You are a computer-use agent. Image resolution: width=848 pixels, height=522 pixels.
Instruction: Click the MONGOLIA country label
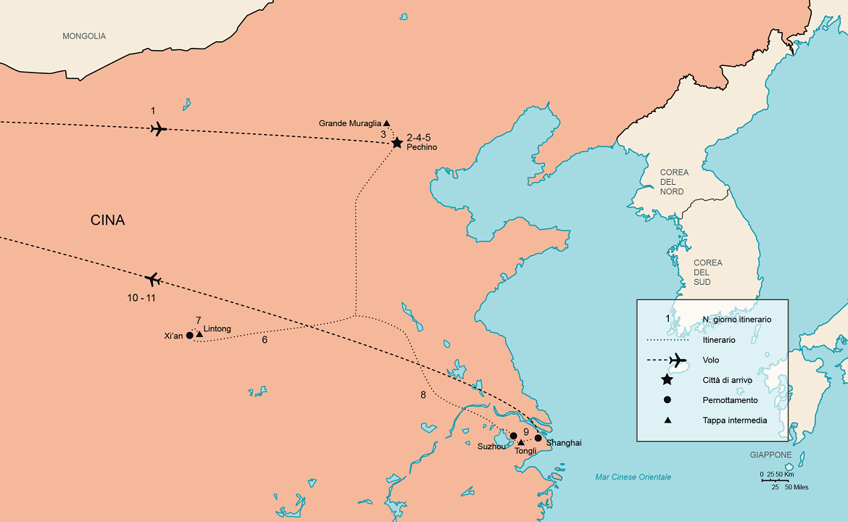click(x=84, y=36)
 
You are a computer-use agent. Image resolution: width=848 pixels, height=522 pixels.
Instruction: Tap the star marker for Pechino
click(x=396, y=143)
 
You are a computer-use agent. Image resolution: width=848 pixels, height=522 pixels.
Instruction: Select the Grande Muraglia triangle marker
click(x=386, y=123)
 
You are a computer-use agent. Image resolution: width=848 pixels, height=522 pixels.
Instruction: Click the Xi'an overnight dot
click(x=190, y=336)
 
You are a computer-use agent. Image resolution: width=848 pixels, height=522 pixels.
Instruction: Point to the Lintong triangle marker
click(x=199, y=334)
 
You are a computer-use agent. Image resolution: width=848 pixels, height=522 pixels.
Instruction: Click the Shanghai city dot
click(x=538, y=438)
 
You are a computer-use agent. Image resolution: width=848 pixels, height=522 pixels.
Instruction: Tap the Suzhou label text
click(x=491, y=447)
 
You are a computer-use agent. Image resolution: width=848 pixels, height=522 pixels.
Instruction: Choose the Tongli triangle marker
click(x=520, y=442)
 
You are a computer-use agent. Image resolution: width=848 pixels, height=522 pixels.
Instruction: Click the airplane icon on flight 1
click(x=158, y=129)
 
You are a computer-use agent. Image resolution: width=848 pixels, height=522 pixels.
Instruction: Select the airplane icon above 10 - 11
click(x=153, y=279)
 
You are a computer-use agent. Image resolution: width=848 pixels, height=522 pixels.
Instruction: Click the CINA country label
click(x=108, y=220)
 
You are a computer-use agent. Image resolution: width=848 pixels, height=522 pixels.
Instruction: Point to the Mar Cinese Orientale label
click(x=633, y=477)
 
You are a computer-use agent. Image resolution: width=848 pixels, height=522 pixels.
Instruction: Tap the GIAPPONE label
click(x=770, y=455)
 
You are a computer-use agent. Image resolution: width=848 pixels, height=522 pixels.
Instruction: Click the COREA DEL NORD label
click(x=673, y=182)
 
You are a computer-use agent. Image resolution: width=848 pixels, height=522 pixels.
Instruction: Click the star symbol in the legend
click(x=667, y=380)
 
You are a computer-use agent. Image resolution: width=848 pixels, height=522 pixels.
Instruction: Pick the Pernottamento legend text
click(x=730, y=400)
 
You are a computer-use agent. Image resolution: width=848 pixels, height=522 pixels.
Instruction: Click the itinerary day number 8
click(x=423, y=395)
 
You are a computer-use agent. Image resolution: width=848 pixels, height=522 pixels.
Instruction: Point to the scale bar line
click(x=775, y=480)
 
